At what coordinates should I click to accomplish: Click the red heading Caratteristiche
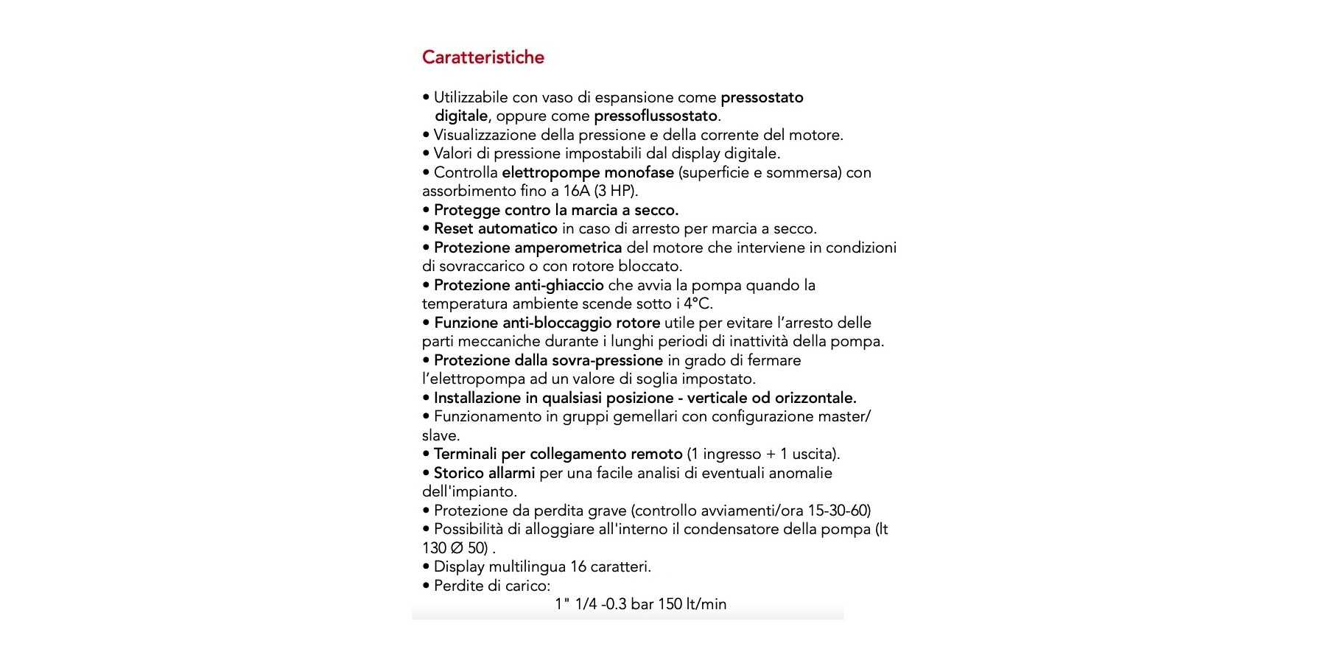(483, 57)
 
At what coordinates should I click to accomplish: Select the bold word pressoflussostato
(656, 116)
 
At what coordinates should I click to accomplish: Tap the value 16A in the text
(576, 191)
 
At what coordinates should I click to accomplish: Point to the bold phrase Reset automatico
(495, 228)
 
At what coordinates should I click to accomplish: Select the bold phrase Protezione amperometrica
(527, 248)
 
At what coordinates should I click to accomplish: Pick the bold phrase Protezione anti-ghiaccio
(519, 285)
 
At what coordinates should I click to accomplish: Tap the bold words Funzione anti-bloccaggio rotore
(547, 323)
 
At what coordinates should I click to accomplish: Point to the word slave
(440, 435)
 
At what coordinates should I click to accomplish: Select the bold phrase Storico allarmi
(484, 473)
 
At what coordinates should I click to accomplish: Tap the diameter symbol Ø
(457, 548)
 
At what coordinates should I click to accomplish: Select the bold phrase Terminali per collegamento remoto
(558, 454)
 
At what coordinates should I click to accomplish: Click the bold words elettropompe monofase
(587, 172)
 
